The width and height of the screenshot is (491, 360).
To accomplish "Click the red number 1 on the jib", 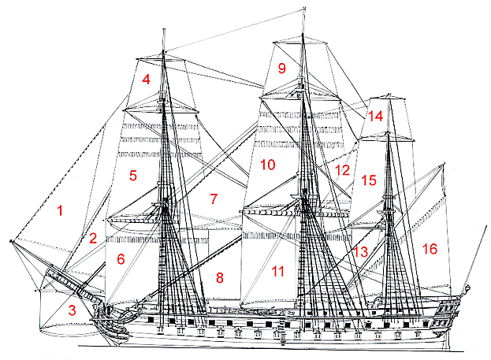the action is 60,210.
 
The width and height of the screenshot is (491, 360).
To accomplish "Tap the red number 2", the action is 93,238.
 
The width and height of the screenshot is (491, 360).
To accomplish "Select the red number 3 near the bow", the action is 73,310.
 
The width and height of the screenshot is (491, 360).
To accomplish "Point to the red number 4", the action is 147,80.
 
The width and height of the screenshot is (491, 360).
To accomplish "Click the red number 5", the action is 133,176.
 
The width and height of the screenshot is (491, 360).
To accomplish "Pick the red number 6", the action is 121,259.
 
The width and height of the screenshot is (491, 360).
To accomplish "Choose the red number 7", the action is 214,199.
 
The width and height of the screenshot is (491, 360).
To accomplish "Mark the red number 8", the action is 220,277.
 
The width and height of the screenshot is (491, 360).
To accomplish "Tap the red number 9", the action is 282,68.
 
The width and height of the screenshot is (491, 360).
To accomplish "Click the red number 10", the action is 268,165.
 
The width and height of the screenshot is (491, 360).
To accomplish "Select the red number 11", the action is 277,271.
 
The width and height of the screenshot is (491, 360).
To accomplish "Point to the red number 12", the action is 342,170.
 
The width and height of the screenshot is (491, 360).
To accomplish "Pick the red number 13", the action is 360,251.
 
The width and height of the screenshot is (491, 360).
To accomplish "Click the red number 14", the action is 375,116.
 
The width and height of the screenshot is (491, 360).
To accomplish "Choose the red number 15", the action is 369,180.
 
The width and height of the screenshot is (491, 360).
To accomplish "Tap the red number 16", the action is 430,249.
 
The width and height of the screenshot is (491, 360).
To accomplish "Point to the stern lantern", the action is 467,288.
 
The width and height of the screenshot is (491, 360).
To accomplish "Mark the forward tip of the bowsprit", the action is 11,241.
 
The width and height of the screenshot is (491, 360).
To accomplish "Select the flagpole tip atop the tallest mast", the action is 303,9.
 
